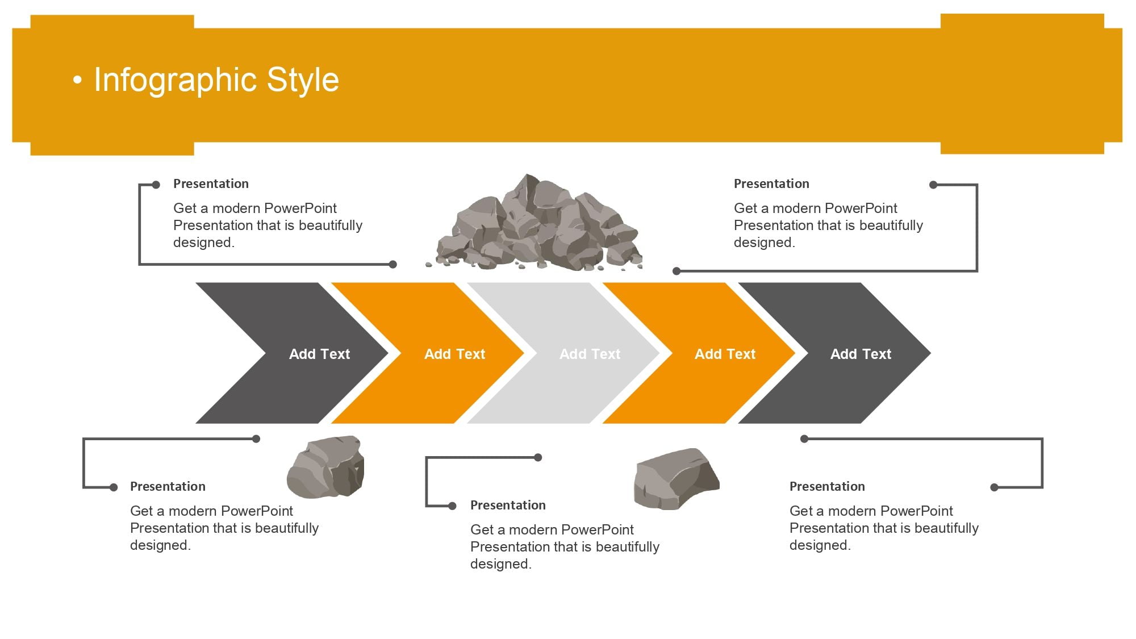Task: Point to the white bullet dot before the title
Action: coord(78,81)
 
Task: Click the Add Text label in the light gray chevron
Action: coord(590,354)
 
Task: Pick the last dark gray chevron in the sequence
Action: coord(834,353)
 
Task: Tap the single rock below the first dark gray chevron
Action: coord(325,467)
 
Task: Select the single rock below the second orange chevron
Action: coord(676,479)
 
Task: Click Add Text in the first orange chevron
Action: coord(454,354)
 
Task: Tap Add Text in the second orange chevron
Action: coord(725,354)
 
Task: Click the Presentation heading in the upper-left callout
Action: coord(211,183)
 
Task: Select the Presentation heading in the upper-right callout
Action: coord(771,183)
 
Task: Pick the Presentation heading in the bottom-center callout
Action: coord(508,505)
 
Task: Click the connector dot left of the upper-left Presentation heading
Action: coord(156,185)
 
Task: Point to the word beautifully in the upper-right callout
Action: coord(891,225)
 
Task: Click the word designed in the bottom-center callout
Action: coord(499,563)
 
